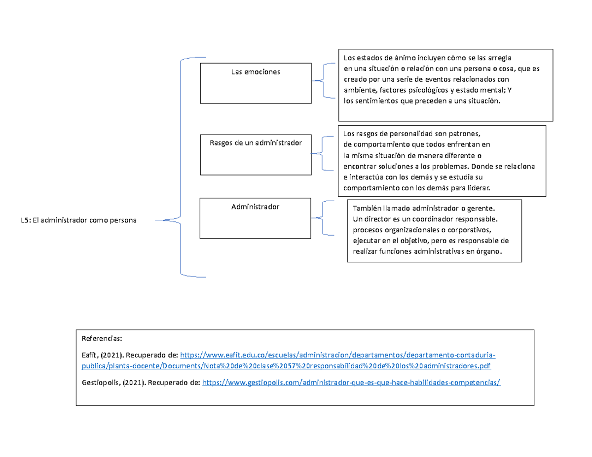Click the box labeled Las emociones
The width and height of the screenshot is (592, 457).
pyautogui.click(x=256, y=83)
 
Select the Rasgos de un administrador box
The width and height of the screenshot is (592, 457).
pyautogui.click(x=256, y=154)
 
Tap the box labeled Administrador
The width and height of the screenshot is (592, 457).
pyautogui.click(x=255, y=218)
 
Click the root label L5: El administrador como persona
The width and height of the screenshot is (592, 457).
pyautogui.click(x=79, y=220)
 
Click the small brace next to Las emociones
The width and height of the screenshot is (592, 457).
pyautogui.click(x=323, y=80)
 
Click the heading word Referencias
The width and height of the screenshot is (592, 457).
pyautogui.click(x=101, y=339)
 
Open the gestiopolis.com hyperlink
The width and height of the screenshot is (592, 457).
pyautogui.click(x=351, y=382)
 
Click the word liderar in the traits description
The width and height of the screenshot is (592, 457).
pyautogui.click(x=477, y=188)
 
